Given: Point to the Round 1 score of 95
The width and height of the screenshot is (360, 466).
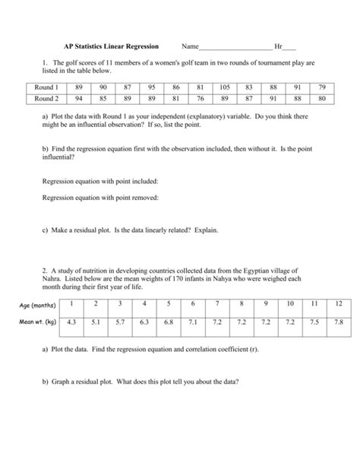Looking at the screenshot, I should pyautogui.click(x=152, y=88).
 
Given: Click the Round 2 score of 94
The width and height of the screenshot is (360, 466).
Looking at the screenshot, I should pyautogui.click(x=78, y=99).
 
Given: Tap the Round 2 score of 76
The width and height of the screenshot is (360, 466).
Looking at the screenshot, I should pyautogui.click(x=200, y=99).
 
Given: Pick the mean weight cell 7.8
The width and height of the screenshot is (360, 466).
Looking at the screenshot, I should pyautogui.click(x=338, y=322).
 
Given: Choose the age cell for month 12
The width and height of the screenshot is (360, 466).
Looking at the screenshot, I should pyautogui.click(x=338, y=304).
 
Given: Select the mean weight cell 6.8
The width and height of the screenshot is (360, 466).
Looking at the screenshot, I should pyautogui.click(x=169, y=322).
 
